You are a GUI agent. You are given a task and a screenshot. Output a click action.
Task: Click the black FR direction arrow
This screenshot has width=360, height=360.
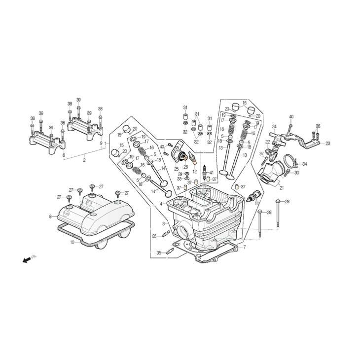pos(27,260)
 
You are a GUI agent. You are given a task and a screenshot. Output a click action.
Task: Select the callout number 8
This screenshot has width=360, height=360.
pos(50,216)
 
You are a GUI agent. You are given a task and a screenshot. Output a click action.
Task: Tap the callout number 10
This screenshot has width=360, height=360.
pos(72,242)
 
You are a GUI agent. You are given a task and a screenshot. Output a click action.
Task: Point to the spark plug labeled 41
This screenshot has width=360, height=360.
pos(204,171)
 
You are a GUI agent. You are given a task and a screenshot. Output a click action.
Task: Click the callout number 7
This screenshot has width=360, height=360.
pos(245,247)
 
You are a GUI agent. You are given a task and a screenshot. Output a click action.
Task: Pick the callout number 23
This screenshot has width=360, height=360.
pos(327,144)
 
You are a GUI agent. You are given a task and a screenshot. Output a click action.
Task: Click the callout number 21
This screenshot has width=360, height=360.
pos(282,188)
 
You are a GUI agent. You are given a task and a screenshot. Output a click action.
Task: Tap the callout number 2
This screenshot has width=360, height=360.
pos(84,160)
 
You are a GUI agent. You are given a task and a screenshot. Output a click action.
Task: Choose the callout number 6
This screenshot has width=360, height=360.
pos(64,155)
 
